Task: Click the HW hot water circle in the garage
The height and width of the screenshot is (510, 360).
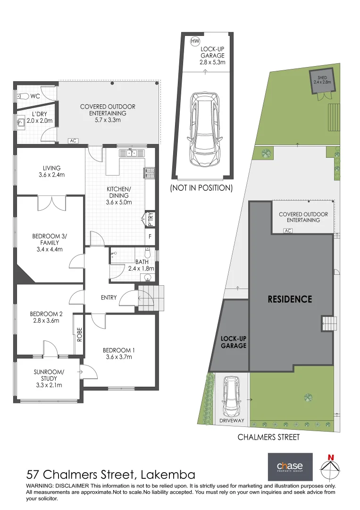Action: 195,41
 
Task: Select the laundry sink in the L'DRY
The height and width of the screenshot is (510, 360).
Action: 21,122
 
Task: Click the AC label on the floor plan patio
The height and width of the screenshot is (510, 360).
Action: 73,141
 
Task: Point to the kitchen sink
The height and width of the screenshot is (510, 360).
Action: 132,153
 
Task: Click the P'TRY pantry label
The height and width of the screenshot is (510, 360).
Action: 150,219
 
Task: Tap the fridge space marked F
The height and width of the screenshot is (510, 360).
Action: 150,237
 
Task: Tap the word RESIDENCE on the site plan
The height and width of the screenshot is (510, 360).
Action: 290,299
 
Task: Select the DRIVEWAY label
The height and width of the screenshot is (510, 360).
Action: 232,421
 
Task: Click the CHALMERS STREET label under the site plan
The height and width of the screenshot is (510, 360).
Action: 268,437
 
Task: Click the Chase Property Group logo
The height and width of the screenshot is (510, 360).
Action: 290,467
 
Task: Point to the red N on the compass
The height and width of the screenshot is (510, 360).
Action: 331,458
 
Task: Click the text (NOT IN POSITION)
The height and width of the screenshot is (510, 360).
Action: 201,187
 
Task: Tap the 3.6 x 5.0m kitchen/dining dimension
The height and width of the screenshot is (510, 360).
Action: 119,202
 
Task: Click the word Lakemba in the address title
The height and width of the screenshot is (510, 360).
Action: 168,475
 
